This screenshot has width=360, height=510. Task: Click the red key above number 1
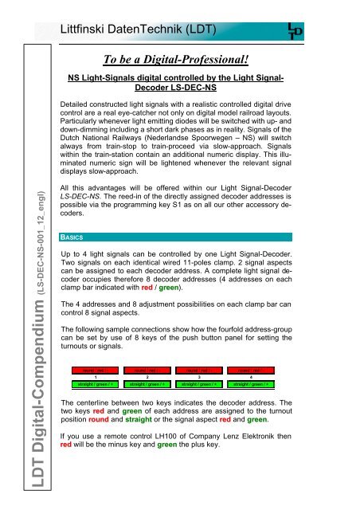96,370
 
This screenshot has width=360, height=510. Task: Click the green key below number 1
96,384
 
